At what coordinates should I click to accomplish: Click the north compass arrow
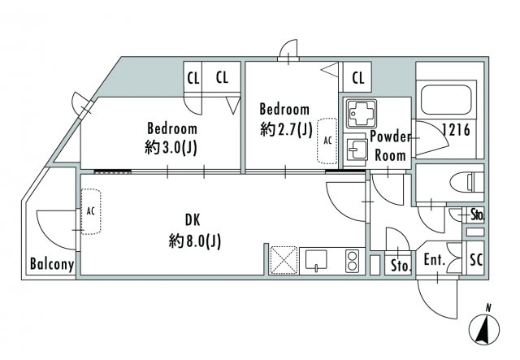484,330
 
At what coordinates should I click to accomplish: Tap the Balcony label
52,264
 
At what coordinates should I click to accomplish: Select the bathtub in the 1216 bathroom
446,100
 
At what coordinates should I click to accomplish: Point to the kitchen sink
316,260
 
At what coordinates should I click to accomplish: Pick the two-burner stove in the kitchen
352,261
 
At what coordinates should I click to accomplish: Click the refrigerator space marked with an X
284,261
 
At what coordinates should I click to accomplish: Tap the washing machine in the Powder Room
361,114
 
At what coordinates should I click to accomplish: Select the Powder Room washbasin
357,150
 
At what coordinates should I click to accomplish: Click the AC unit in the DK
91,211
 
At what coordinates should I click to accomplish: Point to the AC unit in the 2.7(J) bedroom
327,141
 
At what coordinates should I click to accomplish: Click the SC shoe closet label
476,260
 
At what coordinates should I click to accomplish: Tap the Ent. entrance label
435,260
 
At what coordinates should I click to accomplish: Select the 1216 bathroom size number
456,129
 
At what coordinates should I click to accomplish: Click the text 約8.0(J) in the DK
194,241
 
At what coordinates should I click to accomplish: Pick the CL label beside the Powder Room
357,78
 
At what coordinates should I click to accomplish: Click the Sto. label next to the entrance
401,266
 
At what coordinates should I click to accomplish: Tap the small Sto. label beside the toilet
478,215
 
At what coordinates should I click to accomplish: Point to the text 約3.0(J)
171,147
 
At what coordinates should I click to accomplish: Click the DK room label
193,220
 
